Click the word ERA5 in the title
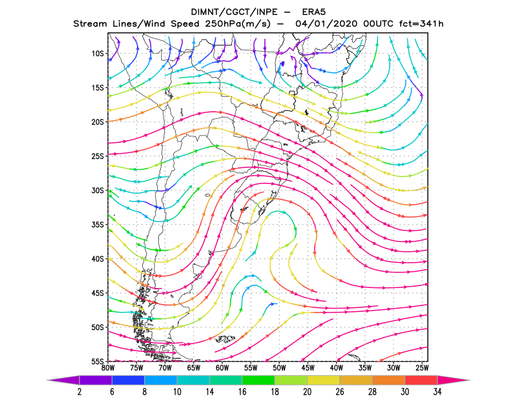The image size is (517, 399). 314,12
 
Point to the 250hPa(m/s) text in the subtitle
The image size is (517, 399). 237,24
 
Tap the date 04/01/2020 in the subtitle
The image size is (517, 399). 326,24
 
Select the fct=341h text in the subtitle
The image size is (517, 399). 421,24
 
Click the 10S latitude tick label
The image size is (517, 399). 98,54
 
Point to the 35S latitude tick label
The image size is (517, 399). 98,225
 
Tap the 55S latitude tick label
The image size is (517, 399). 98,362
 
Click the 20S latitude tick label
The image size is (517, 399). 98,122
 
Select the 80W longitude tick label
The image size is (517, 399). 108,368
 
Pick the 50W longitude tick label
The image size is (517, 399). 279,368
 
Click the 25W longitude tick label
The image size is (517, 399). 422,368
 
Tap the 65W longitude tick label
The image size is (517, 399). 193,368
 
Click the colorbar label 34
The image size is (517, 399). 438,392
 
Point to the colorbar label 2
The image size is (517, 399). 79,392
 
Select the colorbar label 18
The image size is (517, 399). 275,392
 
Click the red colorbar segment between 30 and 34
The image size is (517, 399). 421,380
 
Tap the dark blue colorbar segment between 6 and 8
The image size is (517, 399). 128,380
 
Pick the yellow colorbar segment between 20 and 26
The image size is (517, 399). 324,380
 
